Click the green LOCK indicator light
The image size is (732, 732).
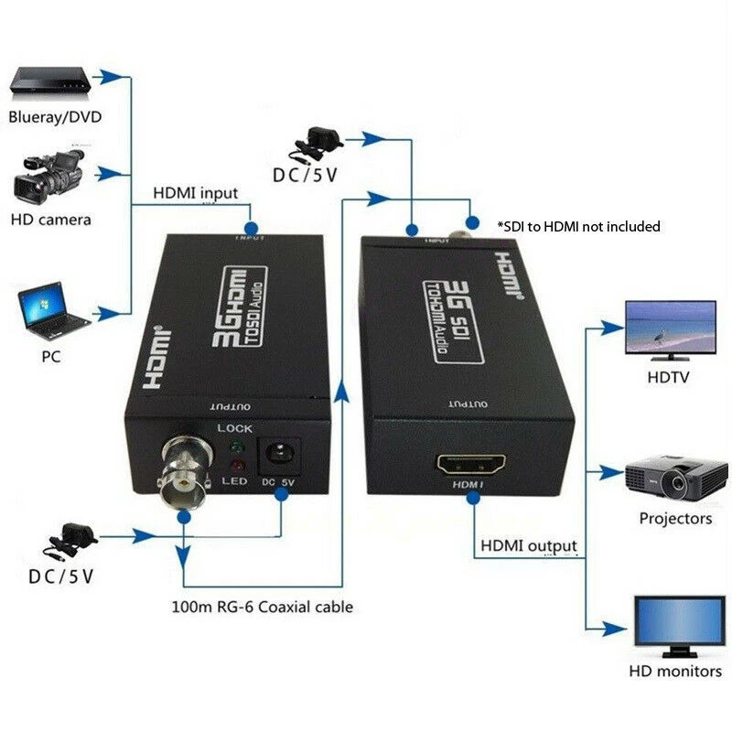[235, 448]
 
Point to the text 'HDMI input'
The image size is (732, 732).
[195, 193]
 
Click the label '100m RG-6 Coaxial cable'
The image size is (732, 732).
[262, 607]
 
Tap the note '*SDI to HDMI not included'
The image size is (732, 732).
[578, 226]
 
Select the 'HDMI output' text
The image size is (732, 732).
[529, 546]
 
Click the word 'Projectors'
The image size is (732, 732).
[675, 519]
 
